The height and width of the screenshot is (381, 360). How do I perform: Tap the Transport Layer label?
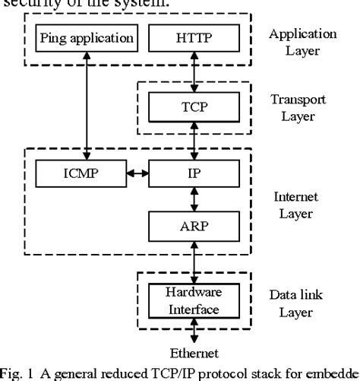tap(302, 107)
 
